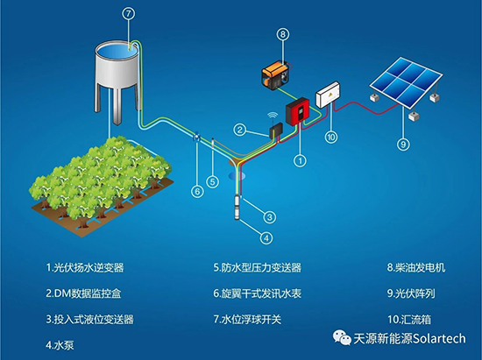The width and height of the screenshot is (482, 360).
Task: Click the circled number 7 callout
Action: pos(129,13)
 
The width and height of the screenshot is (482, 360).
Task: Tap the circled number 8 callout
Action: pos(283,34)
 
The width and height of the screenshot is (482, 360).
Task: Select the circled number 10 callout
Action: pos(331,137)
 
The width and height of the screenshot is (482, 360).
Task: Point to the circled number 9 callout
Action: pos(403,144)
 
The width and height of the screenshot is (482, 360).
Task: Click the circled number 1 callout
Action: pos(300,160)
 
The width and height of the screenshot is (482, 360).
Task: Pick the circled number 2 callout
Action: pos(240,130)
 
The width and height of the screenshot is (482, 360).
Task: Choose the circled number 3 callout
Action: pos(270,217)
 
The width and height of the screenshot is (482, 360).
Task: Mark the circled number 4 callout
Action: pos(266,237)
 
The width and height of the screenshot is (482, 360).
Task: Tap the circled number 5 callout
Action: pos(212,182)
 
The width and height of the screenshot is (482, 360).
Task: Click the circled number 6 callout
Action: pos(197,192)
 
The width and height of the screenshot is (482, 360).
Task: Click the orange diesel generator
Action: pos(275,74)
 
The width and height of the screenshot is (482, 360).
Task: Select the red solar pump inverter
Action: pos(297,111)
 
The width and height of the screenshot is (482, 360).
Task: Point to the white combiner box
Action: pos(328,95)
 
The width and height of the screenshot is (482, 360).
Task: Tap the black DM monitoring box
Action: pos(276,131)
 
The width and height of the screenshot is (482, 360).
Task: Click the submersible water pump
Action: pos(237,207)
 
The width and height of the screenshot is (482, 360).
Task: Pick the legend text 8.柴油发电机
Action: pos(416,267)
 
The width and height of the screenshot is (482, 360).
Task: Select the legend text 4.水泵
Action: pos(60,345)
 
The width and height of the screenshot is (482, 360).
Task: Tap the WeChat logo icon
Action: pos(342,337)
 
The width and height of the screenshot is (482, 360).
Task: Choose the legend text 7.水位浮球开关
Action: pos(247,320)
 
